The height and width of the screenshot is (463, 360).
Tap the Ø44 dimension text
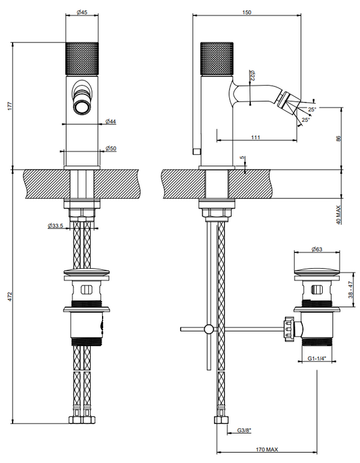click(x=111, y=122)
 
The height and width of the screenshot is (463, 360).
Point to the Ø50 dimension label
click(x=111, y=148)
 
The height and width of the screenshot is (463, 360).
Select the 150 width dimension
click(x=246, y=11)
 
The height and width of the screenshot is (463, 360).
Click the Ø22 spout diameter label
click(x=253, y=76)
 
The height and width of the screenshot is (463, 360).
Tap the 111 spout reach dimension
click(x=256, y=138)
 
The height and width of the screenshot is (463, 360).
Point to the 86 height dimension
click(x=339, y=138)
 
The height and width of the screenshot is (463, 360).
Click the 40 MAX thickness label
click(x=339, y=214)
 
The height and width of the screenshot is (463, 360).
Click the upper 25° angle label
click(x=311, y=109)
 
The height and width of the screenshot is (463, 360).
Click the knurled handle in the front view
click(x=80, y=59)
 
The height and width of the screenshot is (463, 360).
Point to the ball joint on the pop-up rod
click(x=208, y=329)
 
